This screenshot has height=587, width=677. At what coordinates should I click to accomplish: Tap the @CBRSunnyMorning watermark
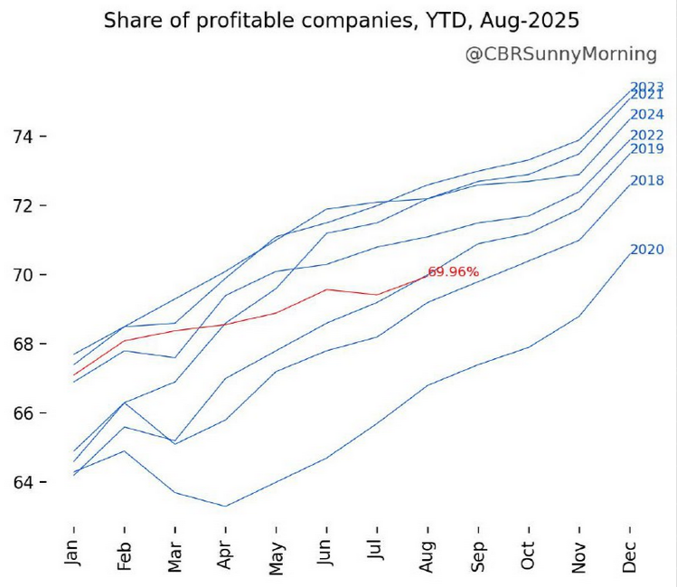pos(560,54)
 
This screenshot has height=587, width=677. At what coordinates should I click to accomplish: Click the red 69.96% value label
pos(453,271)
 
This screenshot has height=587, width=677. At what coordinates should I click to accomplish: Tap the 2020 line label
pos(647,250)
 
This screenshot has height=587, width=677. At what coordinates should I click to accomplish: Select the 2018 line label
pos(647,181)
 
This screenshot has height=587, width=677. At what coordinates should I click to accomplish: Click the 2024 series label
pos(647,115)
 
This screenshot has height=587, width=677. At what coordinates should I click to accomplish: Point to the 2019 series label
pos(647,149)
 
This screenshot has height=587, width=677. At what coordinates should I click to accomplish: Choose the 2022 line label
pos(647,136)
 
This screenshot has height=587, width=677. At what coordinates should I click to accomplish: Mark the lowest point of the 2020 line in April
pos(225,507)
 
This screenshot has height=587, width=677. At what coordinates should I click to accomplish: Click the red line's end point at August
pos(427,274)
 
